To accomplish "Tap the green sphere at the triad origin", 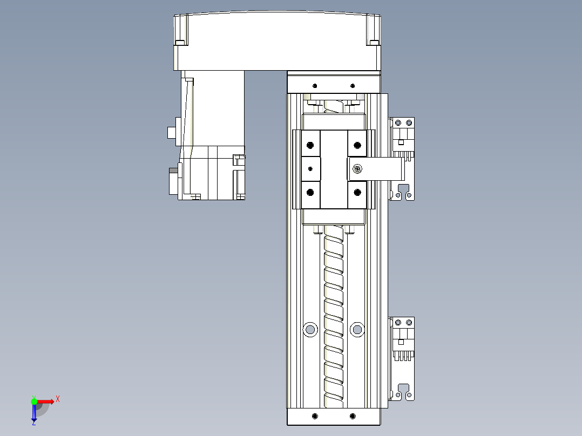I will (34, 401).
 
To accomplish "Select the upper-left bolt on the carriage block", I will (310, 145).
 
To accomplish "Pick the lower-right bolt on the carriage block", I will (357, 192).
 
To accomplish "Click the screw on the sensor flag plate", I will (357, 169).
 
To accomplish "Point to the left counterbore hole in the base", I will (310, 329).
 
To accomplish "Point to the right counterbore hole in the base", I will (356, 329).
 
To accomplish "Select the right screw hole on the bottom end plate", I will (353, 416).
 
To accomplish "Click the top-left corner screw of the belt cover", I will (180, 43).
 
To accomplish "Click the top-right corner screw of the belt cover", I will (374, 43).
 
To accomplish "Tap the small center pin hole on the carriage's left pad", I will (310, 169).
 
